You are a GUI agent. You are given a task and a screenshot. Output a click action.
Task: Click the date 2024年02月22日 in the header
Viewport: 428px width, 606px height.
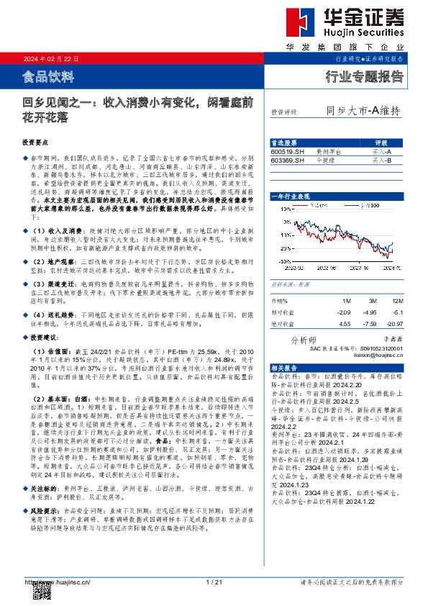point(50,58)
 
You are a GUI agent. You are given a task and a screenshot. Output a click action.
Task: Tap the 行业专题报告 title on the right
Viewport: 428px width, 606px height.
point(365,76)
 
